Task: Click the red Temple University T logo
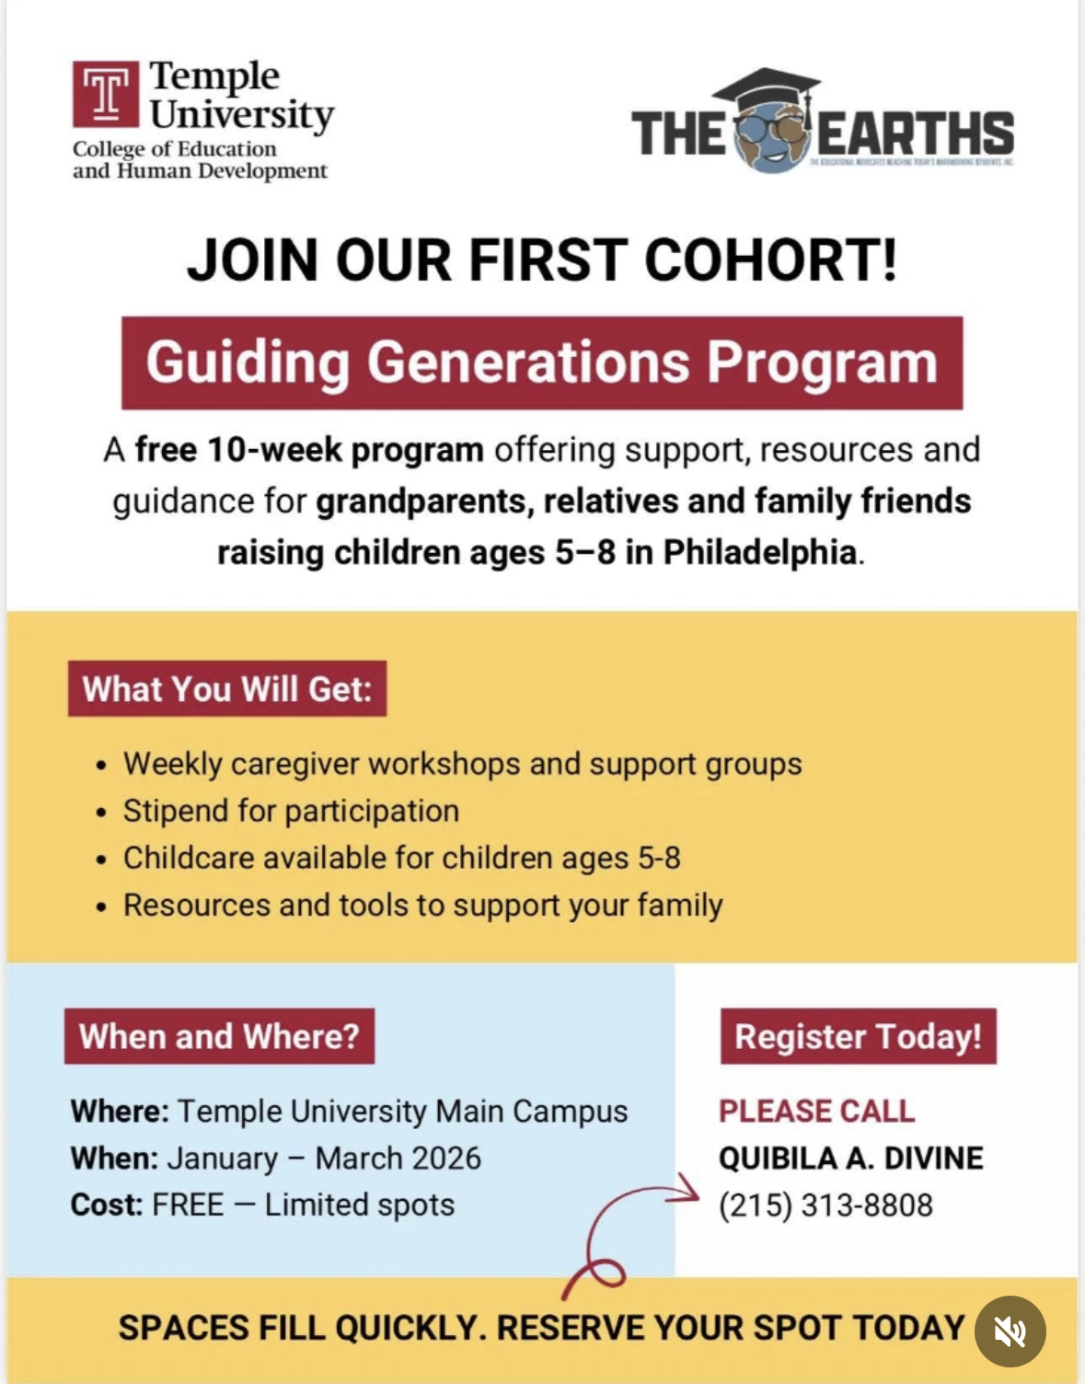point(106,94)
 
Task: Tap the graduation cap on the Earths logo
point(766,92)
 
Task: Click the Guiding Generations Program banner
point(542,363)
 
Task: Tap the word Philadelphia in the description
point(760,552)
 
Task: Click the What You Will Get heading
point(226,689)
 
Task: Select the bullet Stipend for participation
point(291,811)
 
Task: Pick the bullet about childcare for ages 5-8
point(401,858)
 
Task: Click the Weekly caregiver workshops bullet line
point(462,764)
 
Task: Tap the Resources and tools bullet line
point(422,905)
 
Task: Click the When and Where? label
point(219,1036)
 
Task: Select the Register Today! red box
point(858,1036)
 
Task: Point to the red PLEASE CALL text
point(816,1112)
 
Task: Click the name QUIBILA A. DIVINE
point(850,1159)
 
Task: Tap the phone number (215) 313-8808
point(825,1205)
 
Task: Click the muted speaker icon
point(1010,1331)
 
